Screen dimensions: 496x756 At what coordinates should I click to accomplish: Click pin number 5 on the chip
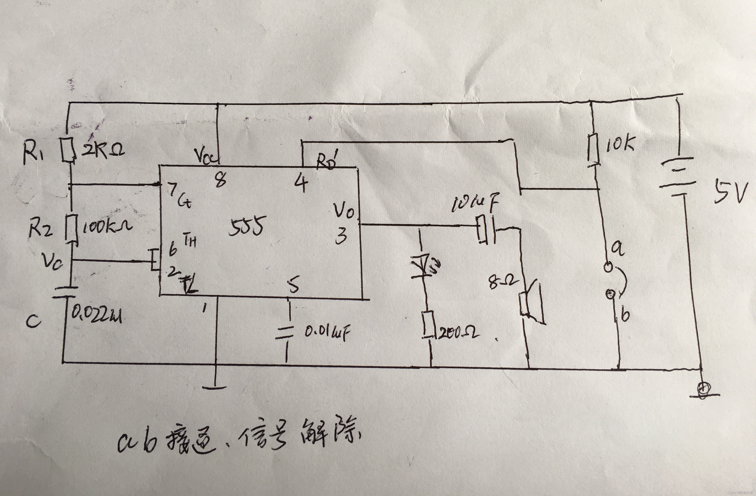point(294,285)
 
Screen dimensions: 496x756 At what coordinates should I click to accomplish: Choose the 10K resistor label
point(619,145)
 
